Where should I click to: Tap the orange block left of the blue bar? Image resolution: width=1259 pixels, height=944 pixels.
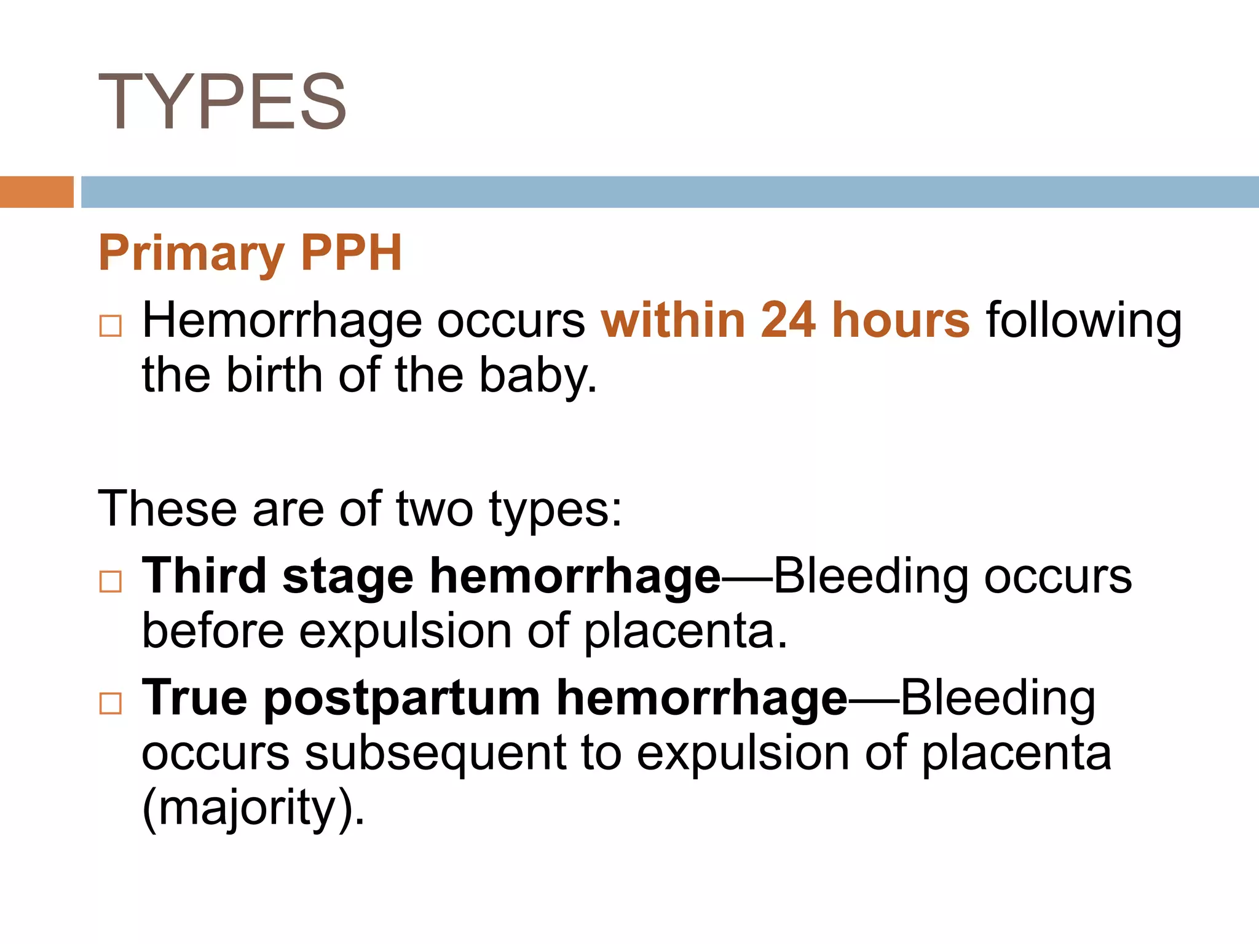[36, 192]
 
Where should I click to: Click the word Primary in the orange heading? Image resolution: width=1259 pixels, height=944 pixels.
[191, 253]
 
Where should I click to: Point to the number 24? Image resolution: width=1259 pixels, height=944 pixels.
[788, 320]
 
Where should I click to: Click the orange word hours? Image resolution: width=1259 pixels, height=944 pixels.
[901, 320]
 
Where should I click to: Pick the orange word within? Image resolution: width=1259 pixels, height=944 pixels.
[673, 320]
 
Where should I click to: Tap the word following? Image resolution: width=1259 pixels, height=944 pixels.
[1084, 321]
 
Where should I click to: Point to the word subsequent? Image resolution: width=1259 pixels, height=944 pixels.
[435, 754]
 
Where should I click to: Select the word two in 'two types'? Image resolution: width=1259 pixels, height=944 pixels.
[434, 509]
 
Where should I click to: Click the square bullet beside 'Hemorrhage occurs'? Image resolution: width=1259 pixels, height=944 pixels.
[111, 325]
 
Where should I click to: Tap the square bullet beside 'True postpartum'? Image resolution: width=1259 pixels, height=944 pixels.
[111, 702]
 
